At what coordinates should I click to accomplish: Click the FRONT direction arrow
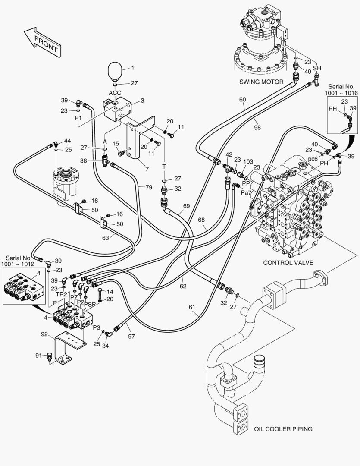(42, 42)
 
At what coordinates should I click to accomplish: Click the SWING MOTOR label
(261, 82)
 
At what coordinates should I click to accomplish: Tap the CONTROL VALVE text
(288, 262)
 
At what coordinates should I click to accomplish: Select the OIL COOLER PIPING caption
(283, 429)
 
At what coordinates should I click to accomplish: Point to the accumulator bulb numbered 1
(114, 72)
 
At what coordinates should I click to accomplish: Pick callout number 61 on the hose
(192, 307)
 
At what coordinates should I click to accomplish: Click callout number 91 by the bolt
(39, 356)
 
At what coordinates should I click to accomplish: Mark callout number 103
(248, 161)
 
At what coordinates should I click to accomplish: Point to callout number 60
(243, 100)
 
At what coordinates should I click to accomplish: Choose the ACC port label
(115, 93)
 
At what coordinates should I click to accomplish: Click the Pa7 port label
(246, 192)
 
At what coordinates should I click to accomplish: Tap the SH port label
(317, 68)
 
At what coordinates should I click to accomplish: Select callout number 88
(96, 161)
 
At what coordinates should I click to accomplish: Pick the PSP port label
(90, 304)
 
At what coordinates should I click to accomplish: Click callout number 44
(67, 141)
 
